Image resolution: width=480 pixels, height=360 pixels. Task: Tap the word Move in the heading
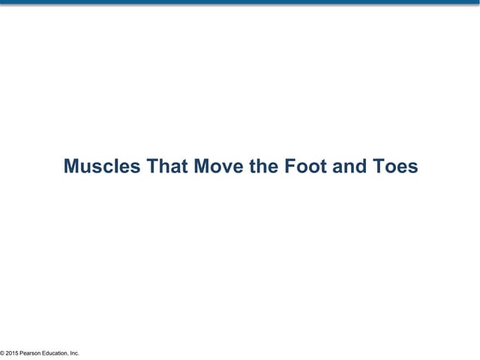(218, 166)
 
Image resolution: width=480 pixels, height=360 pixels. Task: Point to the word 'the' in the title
(262, 166)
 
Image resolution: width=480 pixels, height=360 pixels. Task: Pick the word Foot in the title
(304, 166)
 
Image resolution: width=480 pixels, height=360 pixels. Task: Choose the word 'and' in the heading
(349, 166)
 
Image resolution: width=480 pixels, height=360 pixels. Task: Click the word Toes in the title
(395, 166)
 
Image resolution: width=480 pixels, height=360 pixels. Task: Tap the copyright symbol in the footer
(2, 353)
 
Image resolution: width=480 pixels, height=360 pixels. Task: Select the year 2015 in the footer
(12, 353)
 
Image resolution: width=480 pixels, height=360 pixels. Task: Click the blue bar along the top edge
(240, 2)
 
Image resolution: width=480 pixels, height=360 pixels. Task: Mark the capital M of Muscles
(71, 166)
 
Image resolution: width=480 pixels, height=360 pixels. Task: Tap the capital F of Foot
(289, 166)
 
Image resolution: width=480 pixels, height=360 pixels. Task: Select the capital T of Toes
(377, 166)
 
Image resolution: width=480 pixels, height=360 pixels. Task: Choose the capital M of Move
(201, 166)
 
